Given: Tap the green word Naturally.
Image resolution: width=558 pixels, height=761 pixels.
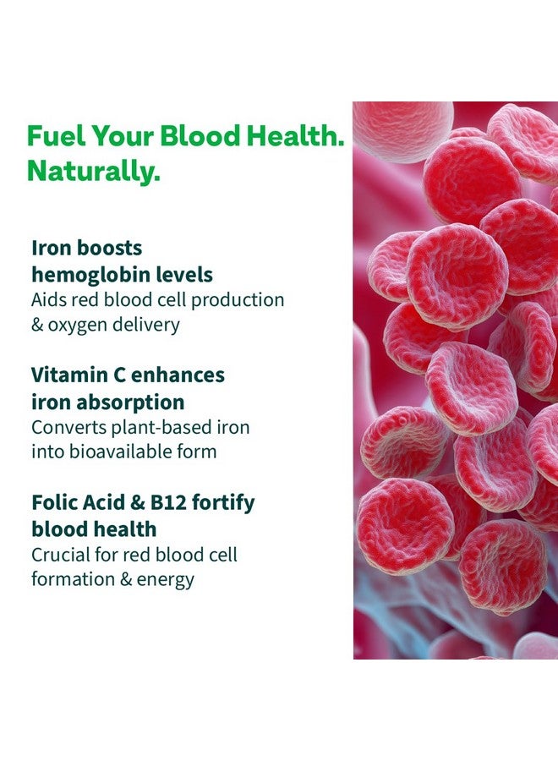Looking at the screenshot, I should tap(93, 172).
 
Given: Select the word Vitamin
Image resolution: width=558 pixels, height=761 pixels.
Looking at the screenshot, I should tap(66, 375).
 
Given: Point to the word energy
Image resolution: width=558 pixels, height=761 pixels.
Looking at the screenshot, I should tap(167, 580).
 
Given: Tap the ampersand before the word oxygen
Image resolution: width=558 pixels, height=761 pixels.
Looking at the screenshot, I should tap(38, 326).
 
